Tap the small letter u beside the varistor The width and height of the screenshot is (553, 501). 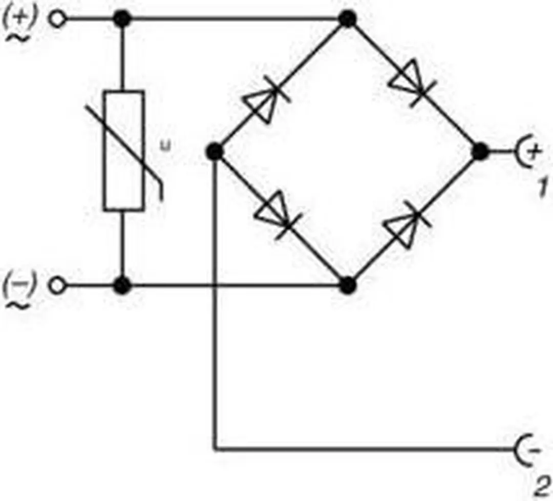pos(165,145)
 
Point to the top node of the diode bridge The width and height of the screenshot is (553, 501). pos(347,19)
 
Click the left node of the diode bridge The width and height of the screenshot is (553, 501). pos(215,152)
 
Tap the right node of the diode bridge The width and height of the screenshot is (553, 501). pos(480,152)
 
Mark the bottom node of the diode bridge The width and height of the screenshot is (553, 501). pos(347,285)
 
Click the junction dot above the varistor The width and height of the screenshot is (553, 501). pos(122,19)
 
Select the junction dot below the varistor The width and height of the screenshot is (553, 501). pos(122,285)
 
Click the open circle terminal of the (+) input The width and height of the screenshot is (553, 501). pos(57,19)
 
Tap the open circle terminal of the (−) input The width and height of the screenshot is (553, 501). pos(57,285)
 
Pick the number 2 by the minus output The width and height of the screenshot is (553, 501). pos(542,487)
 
